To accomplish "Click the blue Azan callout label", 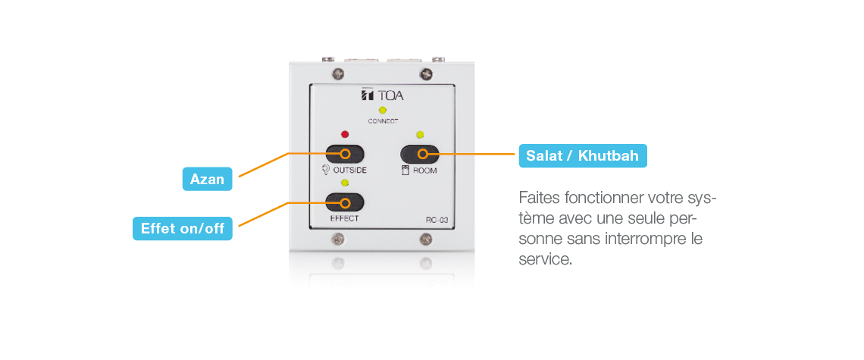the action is [207, 179].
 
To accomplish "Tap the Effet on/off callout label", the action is [183, 228].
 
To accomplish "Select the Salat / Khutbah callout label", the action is [582, 155].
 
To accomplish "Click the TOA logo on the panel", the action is [383, 95].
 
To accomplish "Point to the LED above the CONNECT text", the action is [383, 110].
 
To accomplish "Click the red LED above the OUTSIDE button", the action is [345, 134].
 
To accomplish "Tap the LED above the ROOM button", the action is [420, 134].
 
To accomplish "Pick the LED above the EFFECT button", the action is [345, 183].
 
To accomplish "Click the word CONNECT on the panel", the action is [383, 121].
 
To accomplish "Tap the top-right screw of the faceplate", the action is [425, 74].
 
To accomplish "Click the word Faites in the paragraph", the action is [537, 197].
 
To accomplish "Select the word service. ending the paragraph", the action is [546, 259].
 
